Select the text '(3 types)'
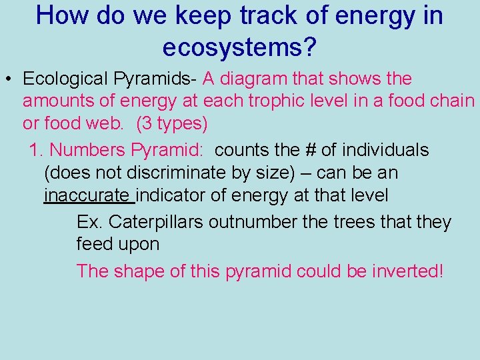pyautogui.click(x=172, y=124)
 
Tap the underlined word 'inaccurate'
pyautogui.click(x=87, y=195)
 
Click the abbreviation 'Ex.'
pyautogui.click(x=89, y=221)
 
